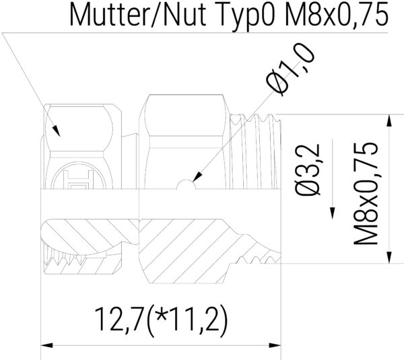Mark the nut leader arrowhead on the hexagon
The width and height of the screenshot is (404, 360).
(57, 131)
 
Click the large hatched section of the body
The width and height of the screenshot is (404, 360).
(182, 249)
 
